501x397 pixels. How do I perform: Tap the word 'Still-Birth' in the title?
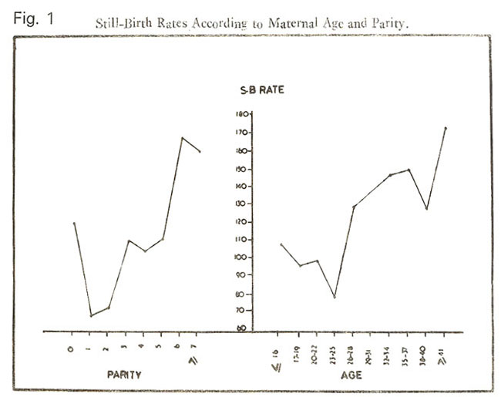pos(123,23)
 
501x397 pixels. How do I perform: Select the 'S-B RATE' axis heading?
pos(262,91)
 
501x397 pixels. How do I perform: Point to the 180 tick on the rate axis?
pos(241,114)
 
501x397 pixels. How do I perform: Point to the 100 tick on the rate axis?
pos(241,257)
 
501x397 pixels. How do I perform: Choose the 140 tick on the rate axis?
pos(241,186)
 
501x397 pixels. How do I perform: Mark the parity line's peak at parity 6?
pos(182,138)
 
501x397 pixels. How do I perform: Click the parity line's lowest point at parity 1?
pos(90,315)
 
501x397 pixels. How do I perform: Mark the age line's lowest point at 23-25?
pos(335,298)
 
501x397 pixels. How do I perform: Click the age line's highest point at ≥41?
pos(446,128)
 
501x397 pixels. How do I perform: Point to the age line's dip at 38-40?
pos(426,209)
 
